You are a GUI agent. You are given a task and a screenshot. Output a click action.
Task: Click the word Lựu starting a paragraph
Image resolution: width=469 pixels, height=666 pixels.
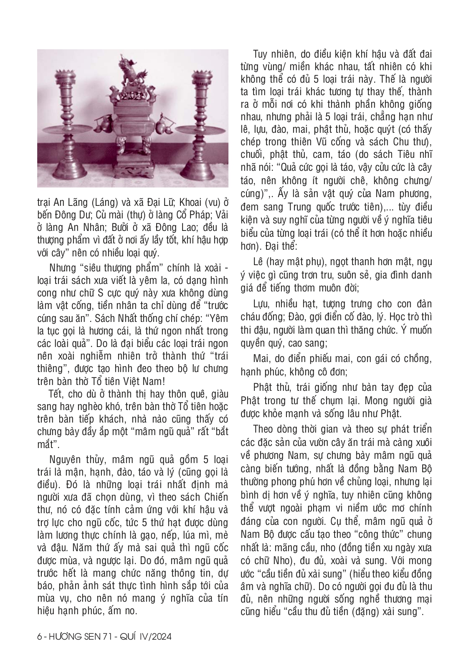click(x=262, y=304)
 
